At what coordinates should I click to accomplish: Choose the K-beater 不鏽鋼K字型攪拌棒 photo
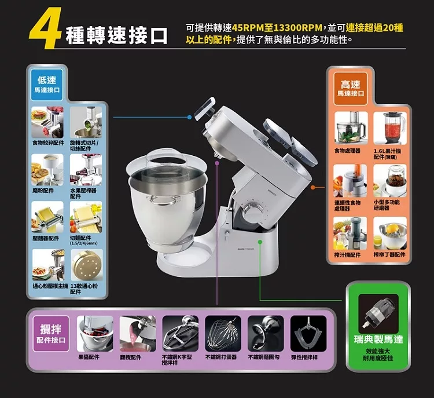click(180, 334)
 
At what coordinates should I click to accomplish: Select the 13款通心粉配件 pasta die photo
click(86, 265)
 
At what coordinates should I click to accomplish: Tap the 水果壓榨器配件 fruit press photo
click(86, 169)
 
